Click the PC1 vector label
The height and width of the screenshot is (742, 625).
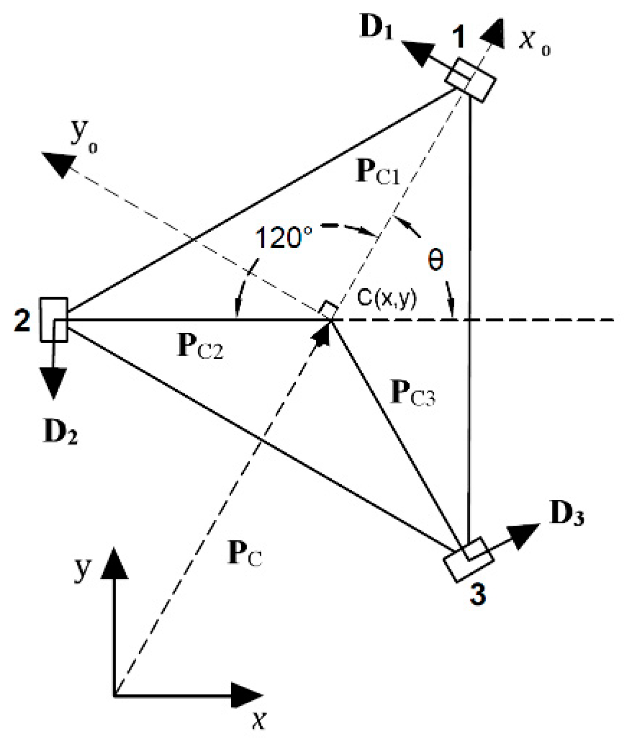point(377,174)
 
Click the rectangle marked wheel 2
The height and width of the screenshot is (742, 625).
point(54,320)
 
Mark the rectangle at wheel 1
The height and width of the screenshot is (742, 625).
point(470,80)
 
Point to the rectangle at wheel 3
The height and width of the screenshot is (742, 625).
point(468,559)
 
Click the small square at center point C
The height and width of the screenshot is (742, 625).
point(329,310)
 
